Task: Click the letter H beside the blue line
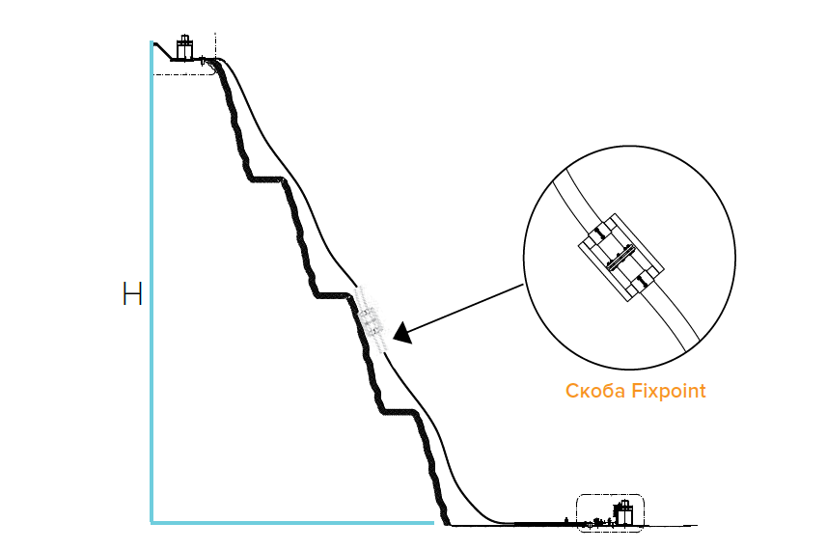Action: [132, 293]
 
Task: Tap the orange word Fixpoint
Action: [669, 392]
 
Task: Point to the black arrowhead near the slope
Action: [402, 333]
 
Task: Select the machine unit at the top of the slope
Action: [184, 47]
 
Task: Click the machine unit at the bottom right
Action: [622, 512]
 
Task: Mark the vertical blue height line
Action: [152, 282]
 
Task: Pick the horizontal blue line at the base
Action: [292, 523]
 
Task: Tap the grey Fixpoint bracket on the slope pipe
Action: [372, 319]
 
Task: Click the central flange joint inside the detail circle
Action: [620, 258]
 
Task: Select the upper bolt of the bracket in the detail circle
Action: [599, 232]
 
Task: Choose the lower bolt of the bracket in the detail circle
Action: [641, 282]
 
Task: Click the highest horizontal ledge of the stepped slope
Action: [267, 179]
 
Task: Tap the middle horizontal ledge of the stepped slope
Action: [333, 295]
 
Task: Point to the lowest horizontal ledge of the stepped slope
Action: [400, 411]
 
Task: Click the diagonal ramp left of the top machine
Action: [163, 51]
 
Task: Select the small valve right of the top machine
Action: [203, 61]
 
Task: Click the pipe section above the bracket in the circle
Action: [578, 202]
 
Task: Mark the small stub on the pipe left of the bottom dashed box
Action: [565, 521]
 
